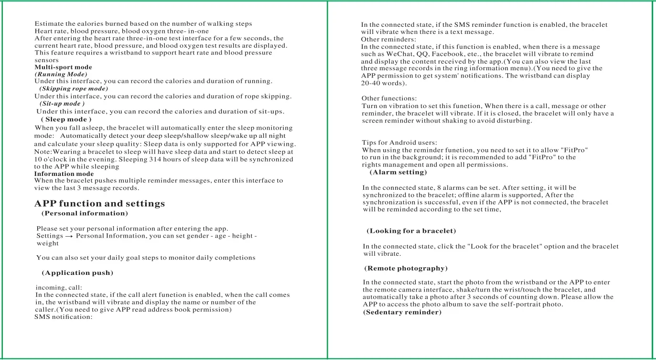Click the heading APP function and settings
pyautogui.click(x=99, y=204)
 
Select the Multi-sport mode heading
pyautogui.click(x=63, y=67)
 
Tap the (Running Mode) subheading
pyautogui.click(x=61, y=75)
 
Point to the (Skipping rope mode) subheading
pyautogui.click(x=74, y=89)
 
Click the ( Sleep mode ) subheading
pyautogui.click(x=66, y=120)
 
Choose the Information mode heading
pyautogui.click(x=64, y=174)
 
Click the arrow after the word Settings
pyautogui.click(x=69, y=236)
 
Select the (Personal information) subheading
pyautogui.click(x=85, y=213)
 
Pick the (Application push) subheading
pyautogui.click(x=77, y=273)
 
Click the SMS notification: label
pyautogui.click(x=63, y=317)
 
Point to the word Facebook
pyautogui.click(x=447, y=54)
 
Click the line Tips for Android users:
pyautogui.click(x=399, y=142)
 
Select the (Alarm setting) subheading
pyautogui.click(x=398, y=172)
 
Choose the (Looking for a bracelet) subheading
pyautogui.click(x=411, y=231)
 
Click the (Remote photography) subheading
pyautogui.click(x=406, y=269)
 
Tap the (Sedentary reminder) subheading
pyautogui.click(x=402, y=312)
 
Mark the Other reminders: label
pyautogui.click(x=388, y=39)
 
